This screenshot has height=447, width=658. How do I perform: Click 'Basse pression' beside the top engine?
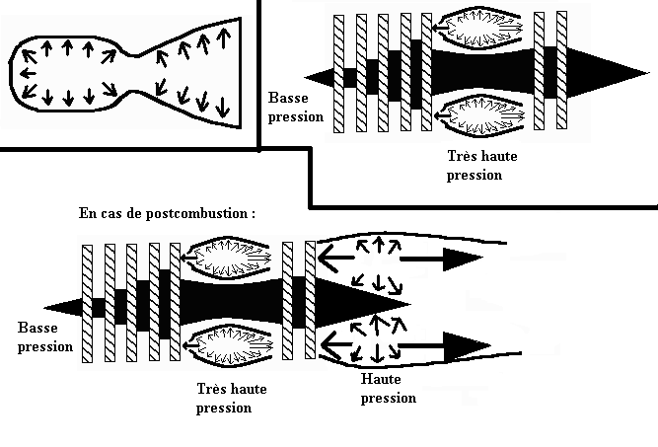coord(295,108)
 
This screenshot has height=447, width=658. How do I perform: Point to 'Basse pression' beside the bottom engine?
coord(44,337)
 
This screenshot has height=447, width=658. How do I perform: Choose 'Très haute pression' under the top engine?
coord(481,166)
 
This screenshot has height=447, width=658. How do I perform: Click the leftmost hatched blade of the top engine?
coord(338,74)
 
